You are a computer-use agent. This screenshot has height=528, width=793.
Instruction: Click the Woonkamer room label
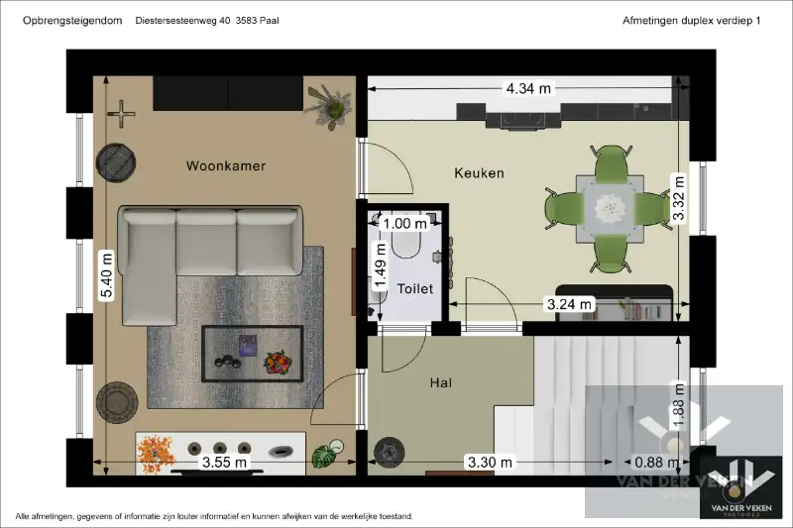tap(226, 166)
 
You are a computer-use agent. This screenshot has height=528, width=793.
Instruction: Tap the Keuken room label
tap(479, 173)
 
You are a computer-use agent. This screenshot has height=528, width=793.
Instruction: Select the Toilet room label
tap(415, 289)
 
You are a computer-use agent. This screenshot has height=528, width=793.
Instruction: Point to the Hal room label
tap(441, 382)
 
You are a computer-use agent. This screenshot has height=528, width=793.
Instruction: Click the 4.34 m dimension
tap(528, 88)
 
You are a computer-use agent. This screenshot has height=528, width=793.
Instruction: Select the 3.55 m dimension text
tap(225, 462)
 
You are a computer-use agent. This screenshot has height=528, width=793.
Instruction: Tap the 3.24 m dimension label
tap(570, 304)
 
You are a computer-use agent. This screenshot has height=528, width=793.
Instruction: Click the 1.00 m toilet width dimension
tap(405, 223)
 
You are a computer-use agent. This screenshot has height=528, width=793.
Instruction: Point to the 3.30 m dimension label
tap(491, 462)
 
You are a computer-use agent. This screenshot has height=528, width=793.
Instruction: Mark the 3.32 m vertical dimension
tap(679, 198)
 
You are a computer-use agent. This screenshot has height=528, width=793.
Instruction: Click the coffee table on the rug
tap(253, 354)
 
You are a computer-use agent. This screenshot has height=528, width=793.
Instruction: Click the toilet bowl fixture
tap(407, 243)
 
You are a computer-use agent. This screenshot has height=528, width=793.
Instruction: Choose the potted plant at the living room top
tap(329, 105)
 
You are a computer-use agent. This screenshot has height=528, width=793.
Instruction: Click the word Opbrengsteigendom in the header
tap(65, 20)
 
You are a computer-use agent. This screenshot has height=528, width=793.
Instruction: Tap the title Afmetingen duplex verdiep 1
tap(691, 20)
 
